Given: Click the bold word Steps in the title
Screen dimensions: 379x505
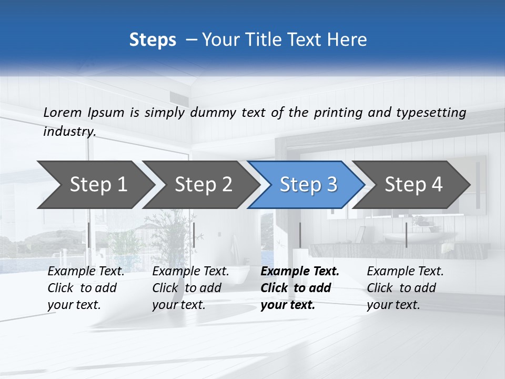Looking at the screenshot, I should pyautogui.click(x=153, y=40).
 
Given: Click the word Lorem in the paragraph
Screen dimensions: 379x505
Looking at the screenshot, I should pyautogui.click(x=63, y=112).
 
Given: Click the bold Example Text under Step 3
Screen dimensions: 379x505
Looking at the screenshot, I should pyautogui.click(x=300, y=272).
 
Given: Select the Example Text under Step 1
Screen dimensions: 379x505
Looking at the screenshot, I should pyautogui.click(x=86, y=272).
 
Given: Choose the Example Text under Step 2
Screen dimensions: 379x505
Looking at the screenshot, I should pyautogui.click(x=190, y=272).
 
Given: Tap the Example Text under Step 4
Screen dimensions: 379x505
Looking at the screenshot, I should pyautogui.click(x=405, y=272).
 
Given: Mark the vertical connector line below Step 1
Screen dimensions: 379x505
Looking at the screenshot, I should pyautogui.click(x=89, y=235).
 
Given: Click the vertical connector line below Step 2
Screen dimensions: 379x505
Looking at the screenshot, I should pyautogui.click(x=194, y=235).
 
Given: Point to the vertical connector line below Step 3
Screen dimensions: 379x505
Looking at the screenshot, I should pyautogui.click(x=300, y=235).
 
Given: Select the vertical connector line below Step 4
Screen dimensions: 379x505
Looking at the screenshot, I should pyautogui.click(x=406, y=235).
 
